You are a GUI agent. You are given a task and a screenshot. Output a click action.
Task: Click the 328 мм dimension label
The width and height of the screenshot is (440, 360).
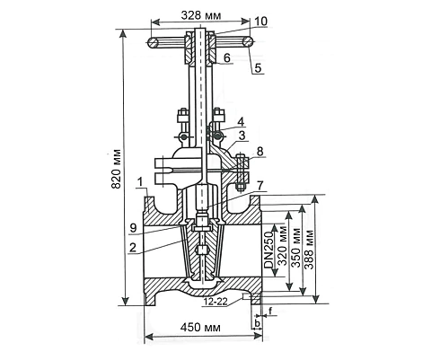pos(201,15)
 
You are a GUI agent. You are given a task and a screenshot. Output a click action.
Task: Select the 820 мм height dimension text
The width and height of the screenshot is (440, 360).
pos(116,169)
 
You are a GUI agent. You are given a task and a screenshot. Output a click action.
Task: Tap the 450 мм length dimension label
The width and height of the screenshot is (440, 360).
pos(200,327)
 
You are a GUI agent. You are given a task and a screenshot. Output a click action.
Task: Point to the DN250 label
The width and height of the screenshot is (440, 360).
pos(268,250)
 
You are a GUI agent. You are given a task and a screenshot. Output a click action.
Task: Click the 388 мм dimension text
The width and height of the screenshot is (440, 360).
pos(309,249)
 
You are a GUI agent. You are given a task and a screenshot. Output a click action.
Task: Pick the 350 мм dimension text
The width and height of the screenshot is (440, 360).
pos(296,247)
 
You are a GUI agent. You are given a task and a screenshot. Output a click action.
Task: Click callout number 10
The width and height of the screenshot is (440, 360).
pos(260,22)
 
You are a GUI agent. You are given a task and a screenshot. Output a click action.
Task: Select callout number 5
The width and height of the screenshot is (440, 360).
pos(258,68)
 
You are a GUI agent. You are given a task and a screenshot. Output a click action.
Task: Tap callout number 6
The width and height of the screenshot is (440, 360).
pos(227,57)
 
